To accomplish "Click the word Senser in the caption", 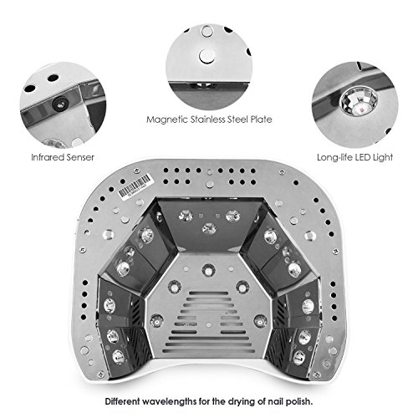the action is point(81,157).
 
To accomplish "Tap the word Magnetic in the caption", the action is point(167,120).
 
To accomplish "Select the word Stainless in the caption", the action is point(208,120).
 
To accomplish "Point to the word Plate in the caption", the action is point(261,120).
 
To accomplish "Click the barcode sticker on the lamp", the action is point(135,186).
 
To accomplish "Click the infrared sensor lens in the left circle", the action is point(60,104).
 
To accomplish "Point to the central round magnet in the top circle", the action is point(206,57).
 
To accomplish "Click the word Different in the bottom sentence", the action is point(123,401).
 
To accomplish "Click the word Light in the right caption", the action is point(383,157).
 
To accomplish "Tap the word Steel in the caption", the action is point(237,120).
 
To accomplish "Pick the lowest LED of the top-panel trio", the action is point(209,228).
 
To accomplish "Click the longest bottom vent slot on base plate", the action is point(209,351).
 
